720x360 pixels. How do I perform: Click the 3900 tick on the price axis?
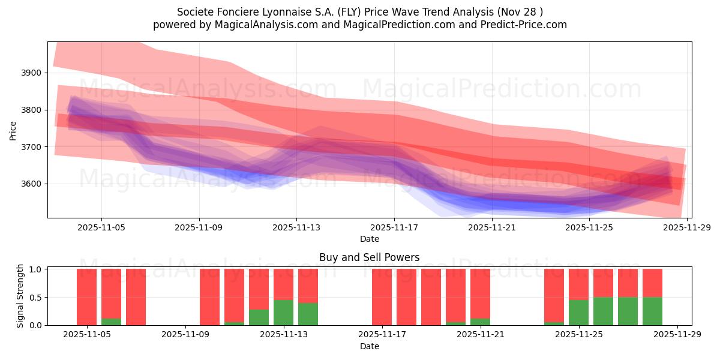click(32, 73)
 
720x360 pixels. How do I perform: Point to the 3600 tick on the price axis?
click(32, 184)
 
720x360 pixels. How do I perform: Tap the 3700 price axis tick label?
click(32, 147)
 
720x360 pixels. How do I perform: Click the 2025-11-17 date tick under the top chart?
click(394, 228)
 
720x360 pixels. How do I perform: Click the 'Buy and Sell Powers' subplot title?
click(369, 257)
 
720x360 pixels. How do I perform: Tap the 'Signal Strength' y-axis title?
click(20, 296)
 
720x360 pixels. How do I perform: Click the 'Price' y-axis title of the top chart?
click(13, 130)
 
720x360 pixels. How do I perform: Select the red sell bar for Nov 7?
click(136, 297)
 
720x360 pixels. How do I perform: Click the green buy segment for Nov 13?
click(283, 313)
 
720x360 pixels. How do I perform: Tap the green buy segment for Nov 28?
click(652, 311)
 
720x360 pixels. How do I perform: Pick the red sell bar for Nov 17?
click(382, 297)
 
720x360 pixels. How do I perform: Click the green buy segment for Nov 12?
click(259, 317)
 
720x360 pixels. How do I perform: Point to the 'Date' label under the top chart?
click(369, 239)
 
